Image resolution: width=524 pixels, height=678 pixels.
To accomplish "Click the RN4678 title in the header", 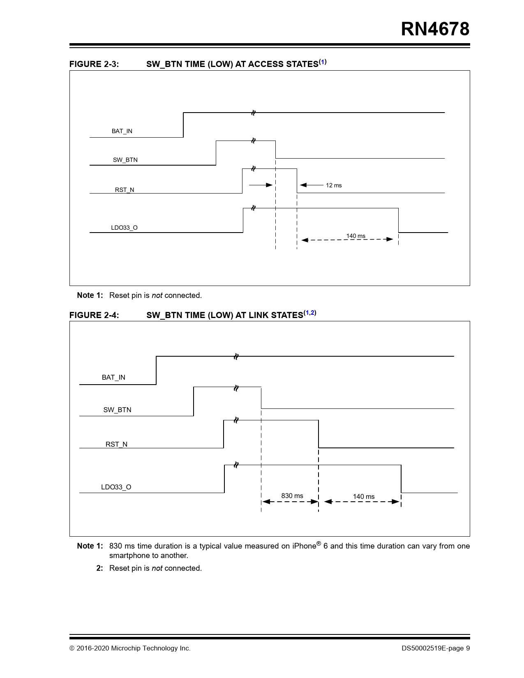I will [x=435, y=29].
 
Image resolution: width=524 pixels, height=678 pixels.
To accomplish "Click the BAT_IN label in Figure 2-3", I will [x=122, y=131].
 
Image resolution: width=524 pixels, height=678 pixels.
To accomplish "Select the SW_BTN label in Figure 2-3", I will [x=125, y=160].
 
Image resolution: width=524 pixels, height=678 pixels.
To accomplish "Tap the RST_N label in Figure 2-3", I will [x=125, y=190].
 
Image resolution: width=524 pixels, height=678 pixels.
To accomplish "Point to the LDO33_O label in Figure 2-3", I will [x=124, y=228].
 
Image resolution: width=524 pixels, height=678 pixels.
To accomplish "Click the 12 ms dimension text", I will [x=334, y=185].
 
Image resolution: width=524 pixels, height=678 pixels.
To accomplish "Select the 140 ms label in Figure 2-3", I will [x=355, y=236].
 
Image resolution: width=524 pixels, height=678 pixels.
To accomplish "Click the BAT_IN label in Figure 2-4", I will [x=113, y=377].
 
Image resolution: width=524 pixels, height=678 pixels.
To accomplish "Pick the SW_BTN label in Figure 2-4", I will [x=117, y=410].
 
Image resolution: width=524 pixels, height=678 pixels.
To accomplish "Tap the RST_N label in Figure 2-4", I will [x=116, y=444].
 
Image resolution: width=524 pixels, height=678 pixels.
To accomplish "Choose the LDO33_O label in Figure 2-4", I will [x=116, y=487].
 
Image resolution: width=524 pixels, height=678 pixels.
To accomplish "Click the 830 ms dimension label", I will [x=292, y=496].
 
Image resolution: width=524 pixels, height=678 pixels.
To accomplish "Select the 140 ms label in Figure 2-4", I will [x=364, y=496].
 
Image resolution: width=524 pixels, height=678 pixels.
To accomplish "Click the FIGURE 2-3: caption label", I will [x=94, y=64].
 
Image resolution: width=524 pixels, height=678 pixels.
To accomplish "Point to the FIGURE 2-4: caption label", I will [x=94, y=315].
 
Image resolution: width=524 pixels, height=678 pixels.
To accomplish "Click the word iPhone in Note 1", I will [x=304, y=546].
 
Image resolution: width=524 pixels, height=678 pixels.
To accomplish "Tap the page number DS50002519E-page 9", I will [x=436, y=648].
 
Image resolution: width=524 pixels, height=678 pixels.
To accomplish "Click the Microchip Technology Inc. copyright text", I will [x=150, y=648].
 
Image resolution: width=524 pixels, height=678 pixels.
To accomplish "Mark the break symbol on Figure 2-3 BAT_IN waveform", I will [x=253, y=113].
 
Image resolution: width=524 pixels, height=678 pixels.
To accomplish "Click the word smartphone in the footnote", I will [x=129, y=556].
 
